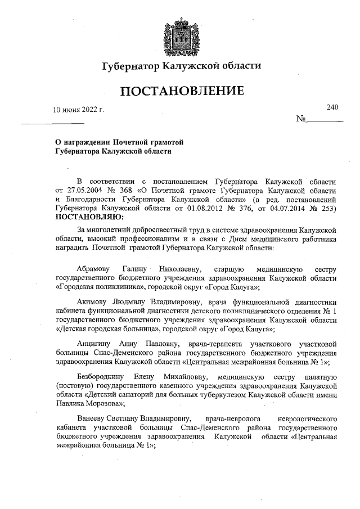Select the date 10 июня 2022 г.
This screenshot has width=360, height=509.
(x=79, y=109)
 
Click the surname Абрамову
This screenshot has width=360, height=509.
(x=92, y=269)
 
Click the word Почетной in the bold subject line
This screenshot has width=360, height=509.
(x=132, y=142)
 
